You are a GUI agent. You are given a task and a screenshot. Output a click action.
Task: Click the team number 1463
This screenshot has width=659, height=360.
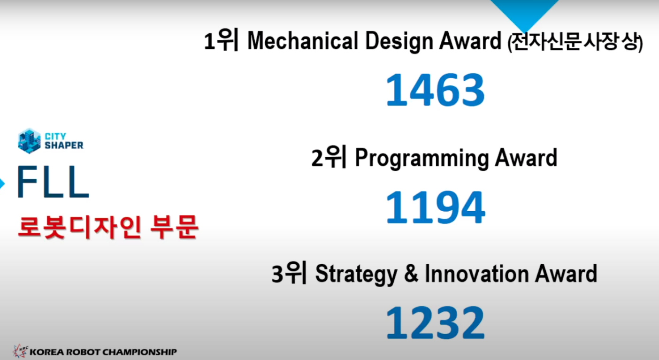pos(435,90)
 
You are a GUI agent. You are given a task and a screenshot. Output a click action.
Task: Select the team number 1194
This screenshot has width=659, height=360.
pos(435,207)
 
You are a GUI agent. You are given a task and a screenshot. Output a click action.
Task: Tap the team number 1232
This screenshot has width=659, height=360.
pos(435,322)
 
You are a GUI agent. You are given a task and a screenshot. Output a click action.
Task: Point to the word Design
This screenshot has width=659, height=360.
pos(399,41)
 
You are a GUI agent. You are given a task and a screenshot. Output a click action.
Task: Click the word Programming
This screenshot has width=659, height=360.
pos(421,159)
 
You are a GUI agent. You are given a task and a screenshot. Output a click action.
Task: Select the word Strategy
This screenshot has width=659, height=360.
pos(356,275)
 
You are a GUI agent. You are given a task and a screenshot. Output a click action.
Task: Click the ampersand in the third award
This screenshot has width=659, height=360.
pos(411,274)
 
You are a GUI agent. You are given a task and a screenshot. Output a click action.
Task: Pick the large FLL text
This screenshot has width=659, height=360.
pos(53,182)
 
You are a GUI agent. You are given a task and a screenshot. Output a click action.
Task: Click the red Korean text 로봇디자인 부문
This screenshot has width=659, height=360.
pos(107,227)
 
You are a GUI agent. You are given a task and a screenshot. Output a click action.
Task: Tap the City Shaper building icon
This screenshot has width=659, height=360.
pos(29,141)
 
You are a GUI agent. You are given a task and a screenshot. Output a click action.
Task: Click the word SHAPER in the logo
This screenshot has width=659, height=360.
pos(64,146)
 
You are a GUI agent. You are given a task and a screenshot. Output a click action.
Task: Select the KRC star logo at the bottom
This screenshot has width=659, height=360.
pos(21,351)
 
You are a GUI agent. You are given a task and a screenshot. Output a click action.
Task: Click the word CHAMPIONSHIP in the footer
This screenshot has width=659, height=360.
pos(139,352)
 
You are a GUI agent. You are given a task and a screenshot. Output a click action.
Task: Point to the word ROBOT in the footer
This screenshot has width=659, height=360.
pos(83,352)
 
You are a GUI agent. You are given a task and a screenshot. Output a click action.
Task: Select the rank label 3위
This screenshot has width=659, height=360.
pos(289,273)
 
